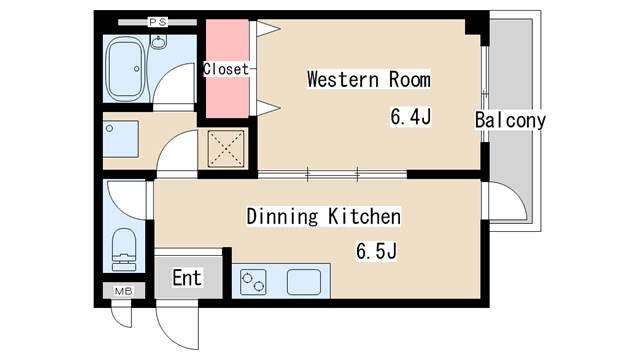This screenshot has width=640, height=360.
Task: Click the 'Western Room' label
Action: [x=368, y=78]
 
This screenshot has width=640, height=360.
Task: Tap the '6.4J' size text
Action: [x=410, y=118]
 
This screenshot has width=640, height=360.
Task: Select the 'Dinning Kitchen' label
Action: [x=323, y=216]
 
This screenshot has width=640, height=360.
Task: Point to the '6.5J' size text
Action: [x=377, y=251]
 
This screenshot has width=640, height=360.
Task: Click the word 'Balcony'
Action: [x=510, y=121]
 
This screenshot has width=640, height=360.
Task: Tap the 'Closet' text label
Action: [x=226, y=69]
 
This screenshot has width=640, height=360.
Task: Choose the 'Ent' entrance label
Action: [x=186, y=277]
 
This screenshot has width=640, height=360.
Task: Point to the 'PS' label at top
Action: [x=158, y=21]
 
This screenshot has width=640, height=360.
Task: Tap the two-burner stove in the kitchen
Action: [x=254, y=283]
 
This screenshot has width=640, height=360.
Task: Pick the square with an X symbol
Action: [x=225, y=149]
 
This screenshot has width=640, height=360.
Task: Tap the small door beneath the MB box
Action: [x=121, y=314]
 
